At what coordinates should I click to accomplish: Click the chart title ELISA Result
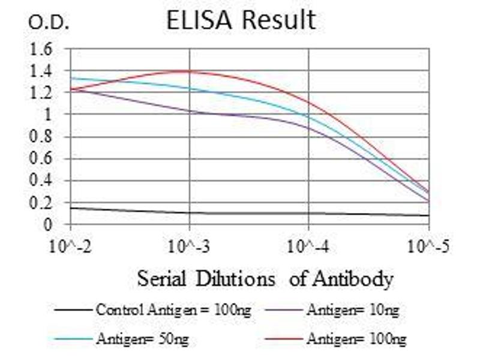click(241, 20)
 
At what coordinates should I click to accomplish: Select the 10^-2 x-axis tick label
click(70, 246)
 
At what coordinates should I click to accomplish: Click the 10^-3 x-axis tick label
click(190, 246)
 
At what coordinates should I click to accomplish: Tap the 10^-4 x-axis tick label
click(309, 246)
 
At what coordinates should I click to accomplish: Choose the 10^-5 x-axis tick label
click(428, 246)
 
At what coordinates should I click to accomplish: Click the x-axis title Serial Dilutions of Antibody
click(265, 279)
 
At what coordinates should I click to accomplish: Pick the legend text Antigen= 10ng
click(353, 310)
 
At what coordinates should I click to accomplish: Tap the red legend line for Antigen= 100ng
click(282, 340)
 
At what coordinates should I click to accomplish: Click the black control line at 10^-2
click(71, 208)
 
